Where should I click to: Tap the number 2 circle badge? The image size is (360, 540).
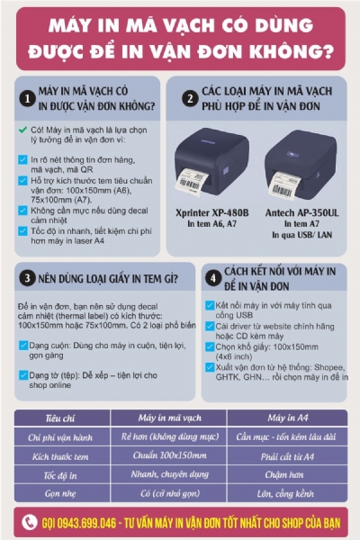tap(189, 96)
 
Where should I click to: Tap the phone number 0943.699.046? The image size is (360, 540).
tap(85, 522)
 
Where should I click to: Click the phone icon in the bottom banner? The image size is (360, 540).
tap(31, 522)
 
